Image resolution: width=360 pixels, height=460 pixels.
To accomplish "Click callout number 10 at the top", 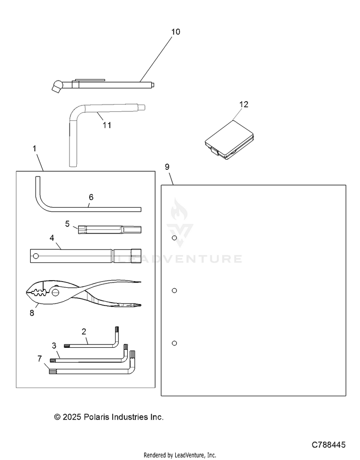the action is click(176, 32).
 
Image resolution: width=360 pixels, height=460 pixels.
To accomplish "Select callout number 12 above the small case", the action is click(244, 104).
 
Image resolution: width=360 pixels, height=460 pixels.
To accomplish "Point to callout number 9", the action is click(167, 167).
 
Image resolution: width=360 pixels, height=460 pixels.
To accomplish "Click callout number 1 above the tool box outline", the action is click(35, 149).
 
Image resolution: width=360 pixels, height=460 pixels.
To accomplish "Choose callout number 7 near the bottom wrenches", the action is click(40, 358).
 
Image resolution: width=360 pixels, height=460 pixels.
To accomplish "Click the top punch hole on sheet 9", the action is click(174, 238).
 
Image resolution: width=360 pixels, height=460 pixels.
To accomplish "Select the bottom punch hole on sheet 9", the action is click(174, 343).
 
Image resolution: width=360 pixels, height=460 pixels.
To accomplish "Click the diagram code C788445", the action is click(328, 445).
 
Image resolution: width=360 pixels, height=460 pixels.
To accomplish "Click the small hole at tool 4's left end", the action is click(34, 255).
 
